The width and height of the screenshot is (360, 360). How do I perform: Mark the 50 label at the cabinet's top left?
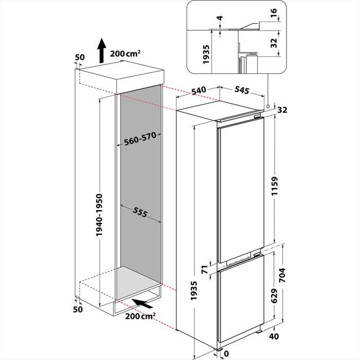[x=79, y=56]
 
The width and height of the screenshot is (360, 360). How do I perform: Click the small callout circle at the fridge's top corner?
[x=268, y=107]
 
